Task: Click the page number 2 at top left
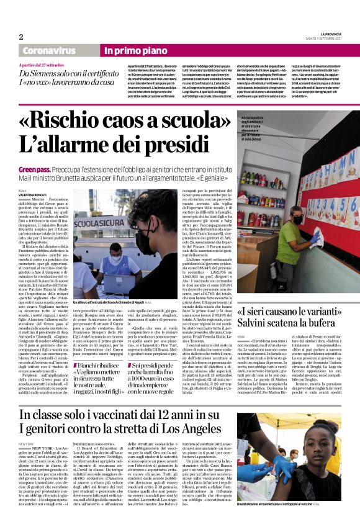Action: click(x=21, y=37)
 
